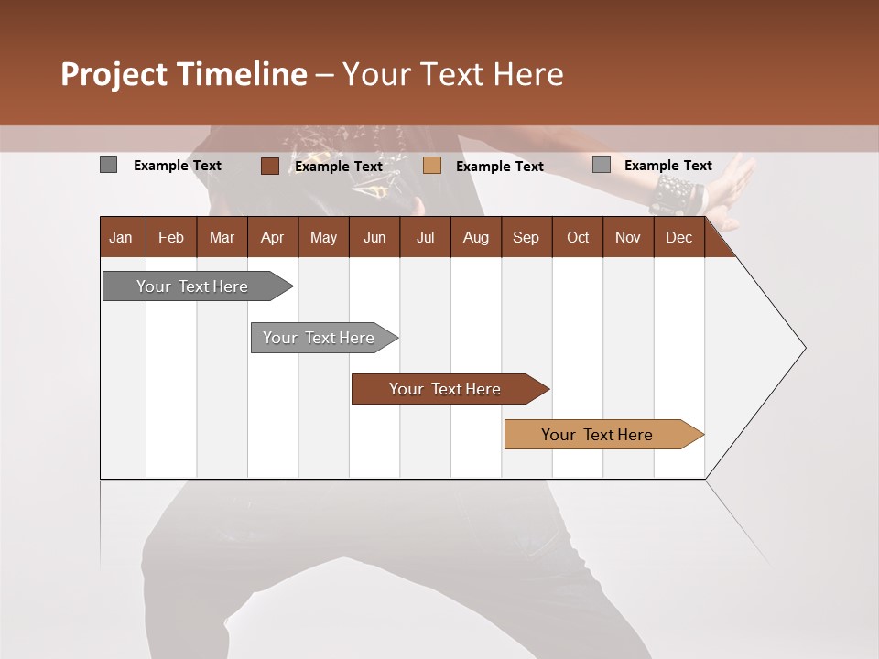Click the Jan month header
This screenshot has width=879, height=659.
click(122, 237)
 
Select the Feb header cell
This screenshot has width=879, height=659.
click(171, 237)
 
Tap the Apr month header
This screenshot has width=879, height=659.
click(272, 237)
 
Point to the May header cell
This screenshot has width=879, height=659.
click(323, 237)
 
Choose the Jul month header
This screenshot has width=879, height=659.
click(425, 237)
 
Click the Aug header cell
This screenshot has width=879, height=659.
click(475, 237)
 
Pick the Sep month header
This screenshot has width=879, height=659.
click(526, 237)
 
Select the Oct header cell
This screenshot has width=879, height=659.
click(577, 237)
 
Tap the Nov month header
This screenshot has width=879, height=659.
click(627, 237)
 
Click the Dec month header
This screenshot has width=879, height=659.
click(678, 237)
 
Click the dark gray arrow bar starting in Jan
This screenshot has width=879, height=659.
click(192, 286)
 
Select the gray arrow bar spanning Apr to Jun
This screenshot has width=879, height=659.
click(319, 338)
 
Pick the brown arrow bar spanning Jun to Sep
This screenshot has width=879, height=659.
click(445, 389)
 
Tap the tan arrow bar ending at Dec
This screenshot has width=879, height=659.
click(597, 435)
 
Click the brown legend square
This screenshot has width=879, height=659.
click(269, 166)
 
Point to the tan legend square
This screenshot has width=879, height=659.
click(432, 166)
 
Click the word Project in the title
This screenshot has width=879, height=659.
click(114, 74)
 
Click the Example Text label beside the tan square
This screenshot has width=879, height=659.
click(499, 167)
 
